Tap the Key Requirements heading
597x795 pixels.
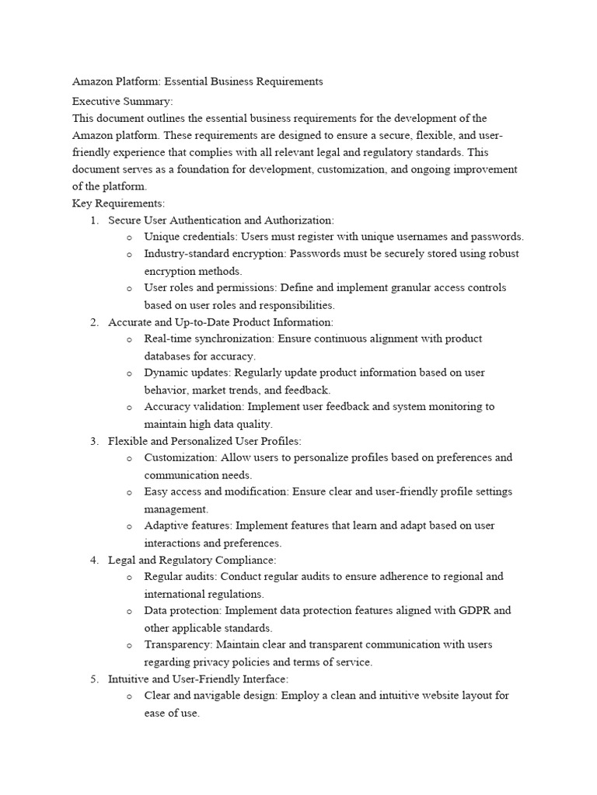(118, 203)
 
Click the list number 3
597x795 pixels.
(94, 441)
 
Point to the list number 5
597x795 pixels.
(94, 679)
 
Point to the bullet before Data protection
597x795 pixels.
(128, 611)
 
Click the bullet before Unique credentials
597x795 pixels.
(128, 238)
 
